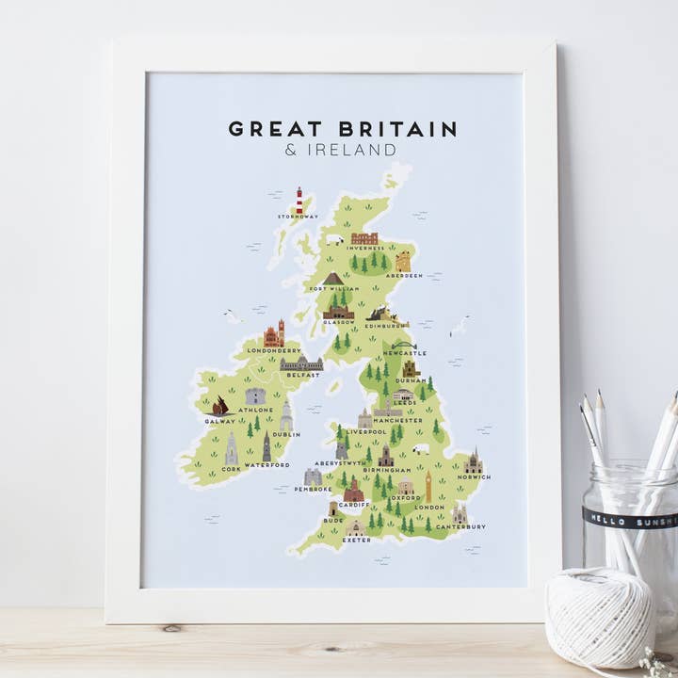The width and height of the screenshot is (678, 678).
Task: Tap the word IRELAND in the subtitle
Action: (349, 150)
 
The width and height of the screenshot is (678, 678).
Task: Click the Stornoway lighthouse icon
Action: (299, 200)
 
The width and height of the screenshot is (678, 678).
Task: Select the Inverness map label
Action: (364, 248)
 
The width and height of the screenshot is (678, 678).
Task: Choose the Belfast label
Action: (303, 374)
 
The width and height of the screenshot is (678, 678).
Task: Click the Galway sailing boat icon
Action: (220, 406)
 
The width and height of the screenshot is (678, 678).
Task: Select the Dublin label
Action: (285, 434)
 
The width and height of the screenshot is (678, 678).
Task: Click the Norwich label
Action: (473, 476)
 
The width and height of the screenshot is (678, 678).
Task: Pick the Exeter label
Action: (356, 541)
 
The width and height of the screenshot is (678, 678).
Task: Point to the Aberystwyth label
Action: (340, 463)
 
